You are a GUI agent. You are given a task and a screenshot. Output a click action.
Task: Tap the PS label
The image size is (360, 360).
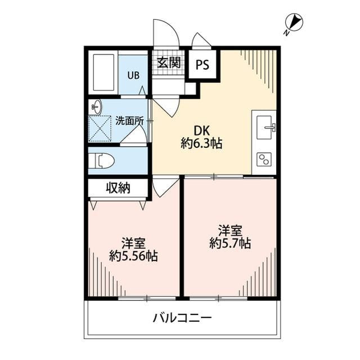(202, 65)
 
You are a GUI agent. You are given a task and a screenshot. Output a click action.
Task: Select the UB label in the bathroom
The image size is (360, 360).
(133, 75)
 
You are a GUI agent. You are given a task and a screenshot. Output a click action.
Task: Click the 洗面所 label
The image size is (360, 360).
(129, 120)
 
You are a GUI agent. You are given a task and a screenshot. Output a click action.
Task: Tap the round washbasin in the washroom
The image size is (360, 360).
(96, 106)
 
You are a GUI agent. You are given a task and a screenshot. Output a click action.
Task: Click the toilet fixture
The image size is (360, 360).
(103, 161)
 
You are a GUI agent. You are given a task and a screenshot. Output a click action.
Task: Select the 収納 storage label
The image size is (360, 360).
(118, 188)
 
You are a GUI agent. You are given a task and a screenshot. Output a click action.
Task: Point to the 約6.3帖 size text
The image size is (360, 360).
(201, 144)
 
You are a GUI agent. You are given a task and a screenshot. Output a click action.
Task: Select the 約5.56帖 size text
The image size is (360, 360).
(133, 257)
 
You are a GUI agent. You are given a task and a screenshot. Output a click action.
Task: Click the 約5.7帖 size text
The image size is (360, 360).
(230, 244)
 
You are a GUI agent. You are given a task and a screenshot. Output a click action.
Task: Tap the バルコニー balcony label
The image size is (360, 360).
(182, 318)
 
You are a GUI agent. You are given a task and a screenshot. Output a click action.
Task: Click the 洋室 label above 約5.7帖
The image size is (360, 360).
(230, 230)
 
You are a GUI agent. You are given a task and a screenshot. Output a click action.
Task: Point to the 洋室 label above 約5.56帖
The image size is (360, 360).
(133, 243)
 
